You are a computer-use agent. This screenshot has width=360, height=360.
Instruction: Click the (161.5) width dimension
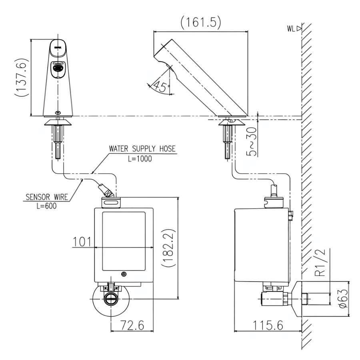201,22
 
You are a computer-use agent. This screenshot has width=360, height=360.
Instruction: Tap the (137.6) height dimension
22,78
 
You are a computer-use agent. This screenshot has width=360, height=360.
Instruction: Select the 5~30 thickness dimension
252,142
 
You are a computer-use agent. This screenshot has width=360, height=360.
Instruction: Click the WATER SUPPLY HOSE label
142,149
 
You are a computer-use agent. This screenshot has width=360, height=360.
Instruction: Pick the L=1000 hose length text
140,159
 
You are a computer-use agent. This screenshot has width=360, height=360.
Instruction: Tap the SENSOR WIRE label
47,197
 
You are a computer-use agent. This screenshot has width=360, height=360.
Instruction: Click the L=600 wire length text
47,206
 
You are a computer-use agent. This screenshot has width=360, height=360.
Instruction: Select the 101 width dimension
82,242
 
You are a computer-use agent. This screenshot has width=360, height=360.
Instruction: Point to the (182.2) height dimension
168,248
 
